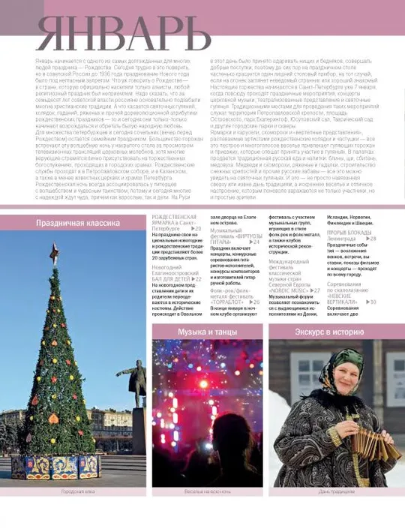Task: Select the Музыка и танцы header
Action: [207, 331]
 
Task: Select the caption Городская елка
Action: [78, 491]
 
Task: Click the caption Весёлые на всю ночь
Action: [208, 491]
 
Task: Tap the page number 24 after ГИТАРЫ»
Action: [256, 242]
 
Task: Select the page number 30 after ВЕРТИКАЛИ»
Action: [372, 302]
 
